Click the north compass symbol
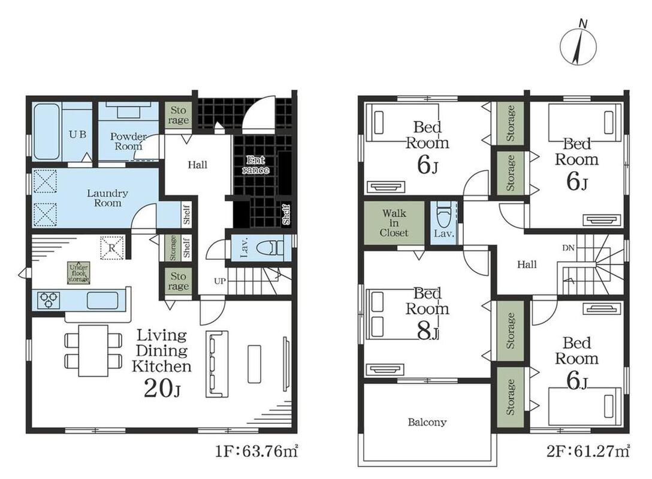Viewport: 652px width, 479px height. click(x=578, y=45)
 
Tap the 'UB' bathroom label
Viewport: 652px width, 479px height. click(x=78, y=135)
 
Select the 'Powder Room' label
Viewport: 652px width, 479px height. click(x=128, y=141)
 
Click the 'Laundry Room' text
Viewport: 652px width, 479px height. click(x=107, y=198)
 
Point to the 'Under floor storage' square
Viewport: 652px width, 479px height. click(x=79, y=273)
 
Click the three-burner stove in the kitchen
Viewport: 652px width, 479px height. click(x=49, y=300)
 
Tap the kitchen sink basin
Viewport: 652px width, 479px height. click(x=102, y=301)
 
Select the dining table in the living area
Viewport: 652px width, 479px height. click(x=93, y=351)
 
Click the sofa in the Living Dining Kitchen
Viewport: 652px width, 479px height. click(x=217, y=364)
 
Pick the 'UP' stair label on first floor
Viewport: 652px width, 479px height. click(x=219, y=281)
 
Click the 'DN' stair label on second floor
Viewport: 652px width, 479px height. click(x=569, y=248)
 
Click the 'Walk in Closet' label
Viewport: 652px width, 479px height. click(x=394, y=223)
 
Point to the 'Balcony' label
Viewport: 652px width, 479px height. click(x=427, y=423)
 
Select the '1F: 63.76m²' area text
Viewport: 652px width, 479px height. click(x=256, y=451)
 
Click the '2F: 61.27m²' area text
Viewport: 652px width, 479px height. click(x=588, y=451)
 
